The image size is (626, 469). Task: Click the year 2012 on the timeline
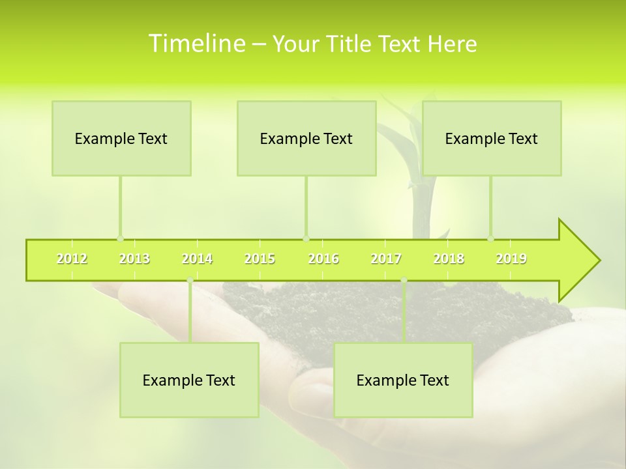(72, 259)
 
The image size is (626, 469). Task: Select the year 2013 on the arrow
(134, 259)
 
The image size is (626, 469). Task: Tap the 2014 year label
(197, 259)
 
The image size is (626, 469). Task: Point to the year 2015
(260, 259)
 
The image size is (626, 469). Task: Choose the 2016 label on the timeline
(323, 259)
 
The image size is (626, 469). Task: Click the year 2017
(386, 259)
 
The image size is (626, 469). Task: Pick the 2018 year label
(449, 259)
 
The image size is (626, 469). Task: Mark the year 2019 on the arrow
(511, 259)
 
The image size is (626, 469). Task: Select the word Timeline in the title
(196, 44)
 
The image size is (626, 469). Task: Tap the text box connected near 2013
(121, 138)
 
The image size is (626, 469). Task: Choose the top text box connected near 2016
(306, 138)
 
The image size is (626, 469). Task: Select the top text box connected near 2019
(492, 138)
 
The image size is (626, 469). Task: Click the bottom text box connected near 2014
(189, 380)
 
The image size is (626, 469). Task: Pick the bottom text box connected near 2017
(403, 380)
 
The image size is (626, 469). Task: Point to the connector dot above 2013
(120, 238)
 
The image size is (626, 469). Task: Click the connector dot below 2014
(190, 280)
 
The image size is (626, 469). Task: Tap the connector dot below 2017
(404, 280)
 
